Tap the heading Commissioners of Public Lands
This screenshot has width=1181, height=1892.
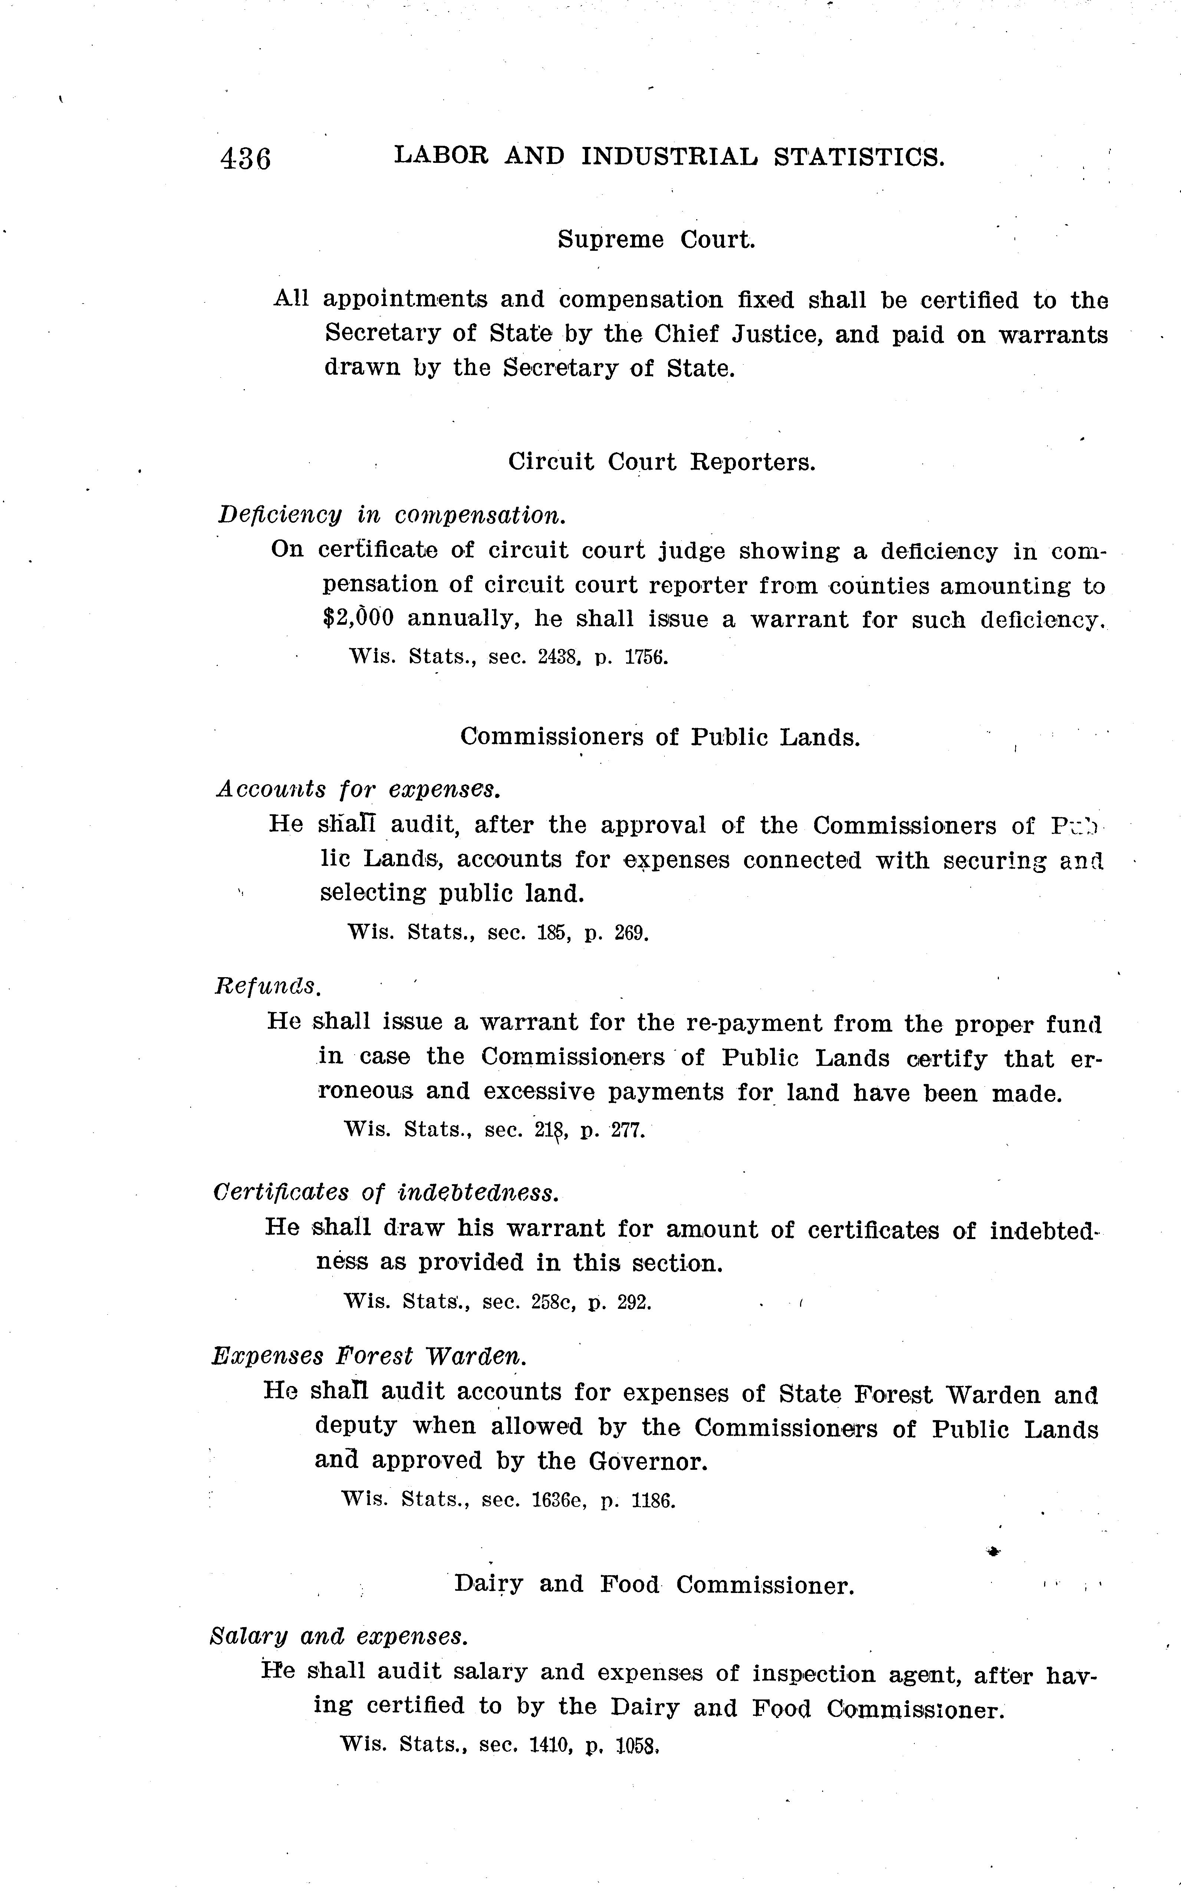660,737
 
